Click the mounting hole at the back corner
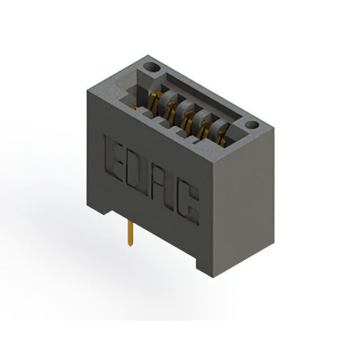pos(151,67)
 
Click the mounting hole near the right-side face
pos(252,125)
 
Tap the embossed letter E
pos(113,159)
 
